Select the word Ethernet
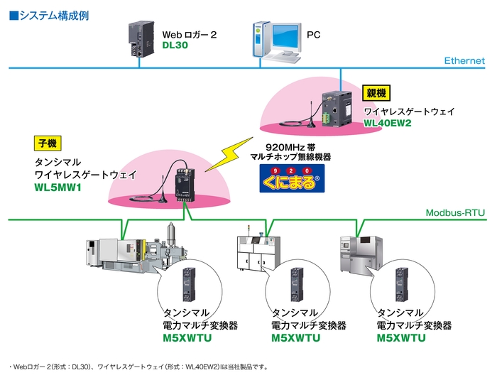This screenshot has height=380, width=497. (x=464, y=61)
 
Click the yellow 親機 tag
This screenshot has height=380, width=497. (x=377, y=92)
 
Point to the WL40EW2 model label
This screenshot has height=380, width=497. (x=387, y=122)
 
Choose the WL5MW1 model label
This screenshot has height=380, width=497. (x=56, y=188)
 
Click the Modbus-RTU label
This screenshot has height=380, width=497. (x=455, y=212)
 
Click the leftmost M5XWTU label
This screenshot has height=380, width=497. (x=187, y=337)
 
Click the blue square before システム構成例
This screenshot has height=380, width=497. (x=13, y=14)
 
